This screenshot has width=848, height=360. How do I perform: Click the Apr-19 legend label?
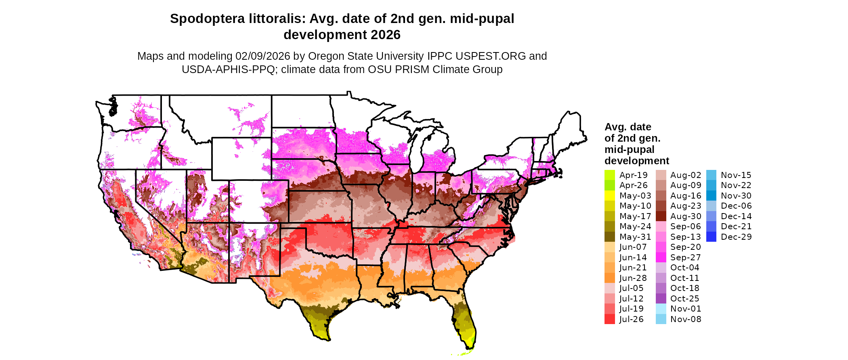pos(633,175)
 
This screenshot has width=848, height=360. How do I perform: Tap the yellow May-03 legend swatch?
pos(609,196)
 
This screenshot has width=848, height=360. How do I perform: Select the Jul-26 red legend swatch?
pos(609,319)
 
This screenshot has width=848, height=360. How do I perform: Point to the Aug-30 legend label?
pos(686,216)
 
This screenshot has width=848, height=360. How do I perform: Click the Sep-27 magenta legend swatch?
pos(661,257)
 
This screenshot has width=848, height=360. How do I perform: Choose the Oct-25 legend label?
pos(684,299)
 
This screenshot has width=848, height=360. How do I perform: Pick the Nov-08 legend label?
pos(686,319)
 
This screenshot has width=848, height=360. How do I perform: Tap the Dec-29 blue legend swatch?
pos(711,237)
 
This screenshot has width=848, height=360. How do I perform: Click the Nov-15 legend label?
pos(736,175)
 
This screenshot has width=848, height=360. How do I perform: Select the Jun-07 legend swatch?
pos(609,247)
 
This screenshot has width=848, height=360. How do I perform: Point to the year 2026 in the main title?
pos(385,35)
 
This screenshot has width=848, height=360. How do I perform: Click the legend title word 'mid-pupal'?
pos(629,149)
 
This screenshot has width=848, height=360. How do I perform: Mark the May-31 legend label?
pos(633,237)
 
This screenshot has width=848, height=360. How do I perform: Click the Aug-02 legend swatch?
pos(661,175)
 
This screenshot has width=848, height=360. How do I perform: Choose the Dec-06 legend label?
pos(736,206)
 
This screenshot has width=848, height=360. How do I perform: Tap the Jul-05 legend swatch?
pos(609,288)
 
